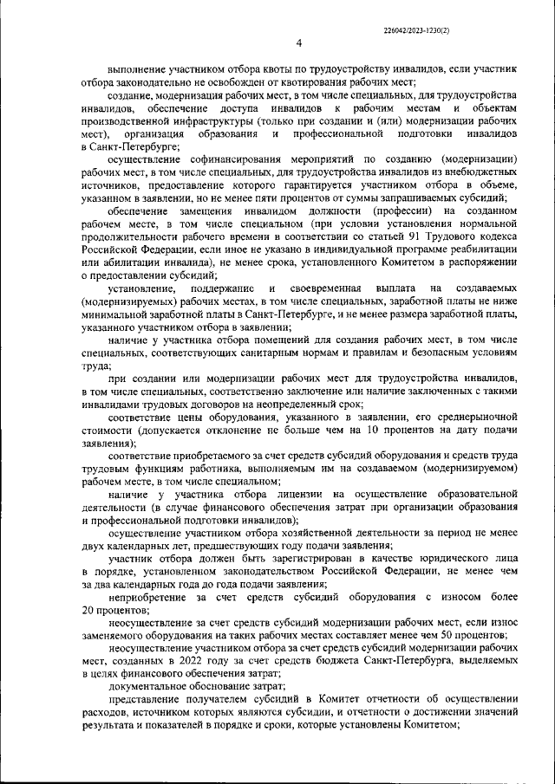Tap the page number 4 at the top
pos(298,45)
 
